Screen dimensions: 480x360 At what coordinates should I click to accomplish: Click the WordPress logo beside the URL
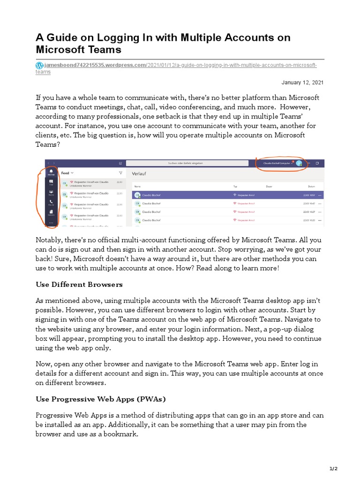pos(39,65)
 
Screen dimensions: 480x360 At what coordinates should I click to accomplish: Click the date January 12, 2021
pos(302,82)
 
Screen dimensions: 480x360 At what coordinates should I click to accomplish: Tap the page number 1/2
pos(333,468)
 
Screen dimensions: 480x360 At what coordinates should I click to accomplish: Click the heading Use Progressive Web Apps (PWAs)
pos(101,399)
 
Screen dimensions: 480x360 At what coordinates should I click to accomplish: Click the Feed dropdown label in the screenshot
pos(67,173)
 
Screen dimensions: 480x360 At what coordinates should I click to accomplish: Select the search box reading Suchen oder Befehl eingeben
pos(185,163)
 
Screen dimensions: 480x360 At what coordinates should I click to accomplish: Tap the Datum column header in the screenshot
pos(311,186)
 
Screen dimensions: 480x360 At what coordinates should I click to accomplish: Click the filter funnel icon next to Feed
pos(120,173)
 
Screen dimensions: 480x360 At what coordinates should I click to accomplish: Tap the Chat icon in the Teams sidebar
pos(51,182)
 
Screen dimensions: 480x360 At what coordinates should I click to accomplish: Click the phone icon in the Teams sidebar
pos(51,203)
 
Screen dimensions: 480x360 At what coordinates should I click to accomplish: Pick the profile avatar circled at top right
pos(299,163)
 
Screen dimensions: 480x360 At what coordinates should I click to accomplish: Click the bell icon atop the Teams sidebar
pos(51,172)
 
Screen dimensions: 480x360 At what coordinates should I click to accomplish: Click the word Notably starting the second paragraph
pos(49,240)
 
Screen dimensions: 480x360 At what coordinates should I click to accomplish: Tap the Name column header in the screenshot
pos(137,186)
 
